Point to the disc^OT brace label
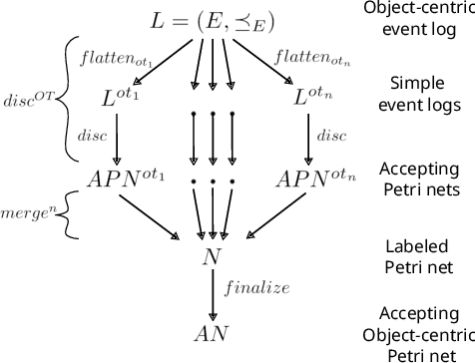[x=26, y=100]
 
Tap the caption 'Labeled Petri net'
[x=416, y=254]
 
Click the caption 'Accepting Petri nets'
[x=418, y=178]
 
